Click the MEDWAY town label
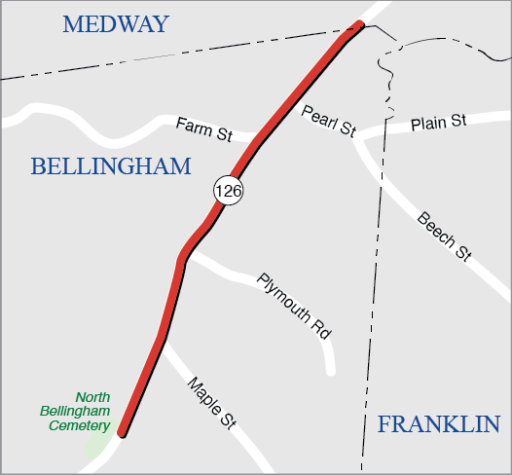(115, 24)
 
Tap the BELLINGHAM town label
(111, 166)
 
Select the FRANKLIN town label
(438, 424)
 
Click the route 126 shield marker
(229, 191)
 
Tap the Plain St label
(439, 123)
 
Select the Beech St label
(444, 237)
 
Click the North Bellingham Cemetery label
(74, 412)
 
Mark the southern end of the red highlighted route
(122, 434)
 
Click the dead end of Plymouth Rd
(330, 370)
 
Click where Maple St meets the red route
(162, 341)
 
